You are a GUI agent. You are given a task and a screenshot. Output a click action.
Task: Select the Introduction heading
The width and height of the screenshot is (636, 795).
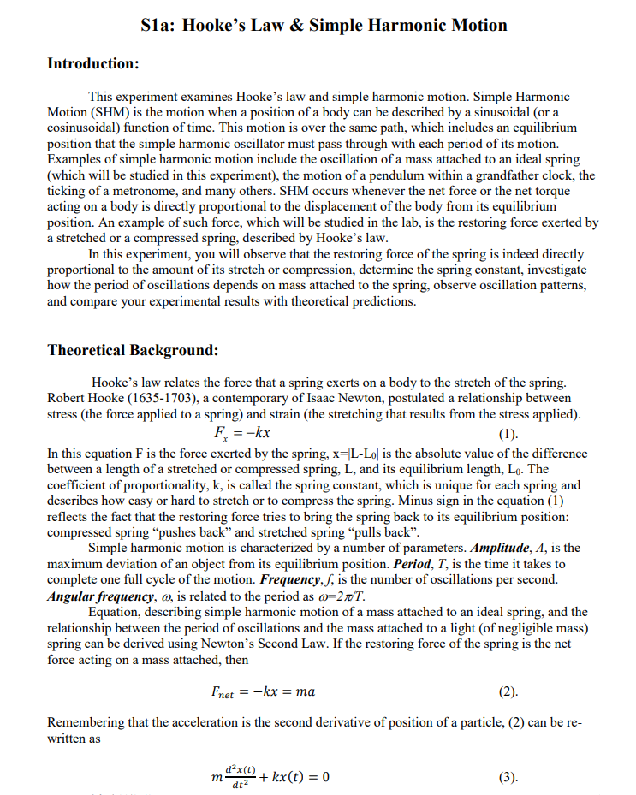(x=92, y=64)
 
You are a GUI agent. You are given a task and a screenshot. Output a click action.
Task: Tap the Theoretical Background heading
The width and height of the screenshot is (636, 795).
(x=133, y=350)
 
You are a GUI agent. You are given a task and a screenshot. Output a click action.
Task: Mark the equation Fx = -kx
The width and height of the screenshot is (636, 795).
(x=244, y=433)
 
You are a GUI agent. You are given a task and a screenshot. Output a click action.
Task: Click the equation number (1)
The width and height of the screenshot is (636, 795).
(x=508, y=433)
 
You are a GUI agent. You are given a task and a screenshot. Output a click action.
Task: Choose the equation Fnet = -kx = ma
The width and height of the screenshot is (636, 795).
(x=263, y=691)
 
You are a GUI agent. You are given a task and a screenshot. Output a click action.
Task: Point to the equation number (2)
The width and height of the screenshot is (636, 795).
(x=508, y=691)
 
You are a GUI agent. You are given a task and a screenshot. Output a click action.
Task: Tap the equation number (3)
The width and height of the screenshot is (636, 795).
(x=508, y=779)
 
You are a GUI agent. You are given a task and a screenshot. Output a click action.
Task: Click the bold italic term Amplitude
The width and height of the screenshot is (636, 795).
(x=503, y=549)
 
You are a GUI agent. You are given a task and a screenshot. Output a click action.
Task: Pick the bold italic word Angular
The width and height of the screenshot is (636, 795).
(x=73, y=596)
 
